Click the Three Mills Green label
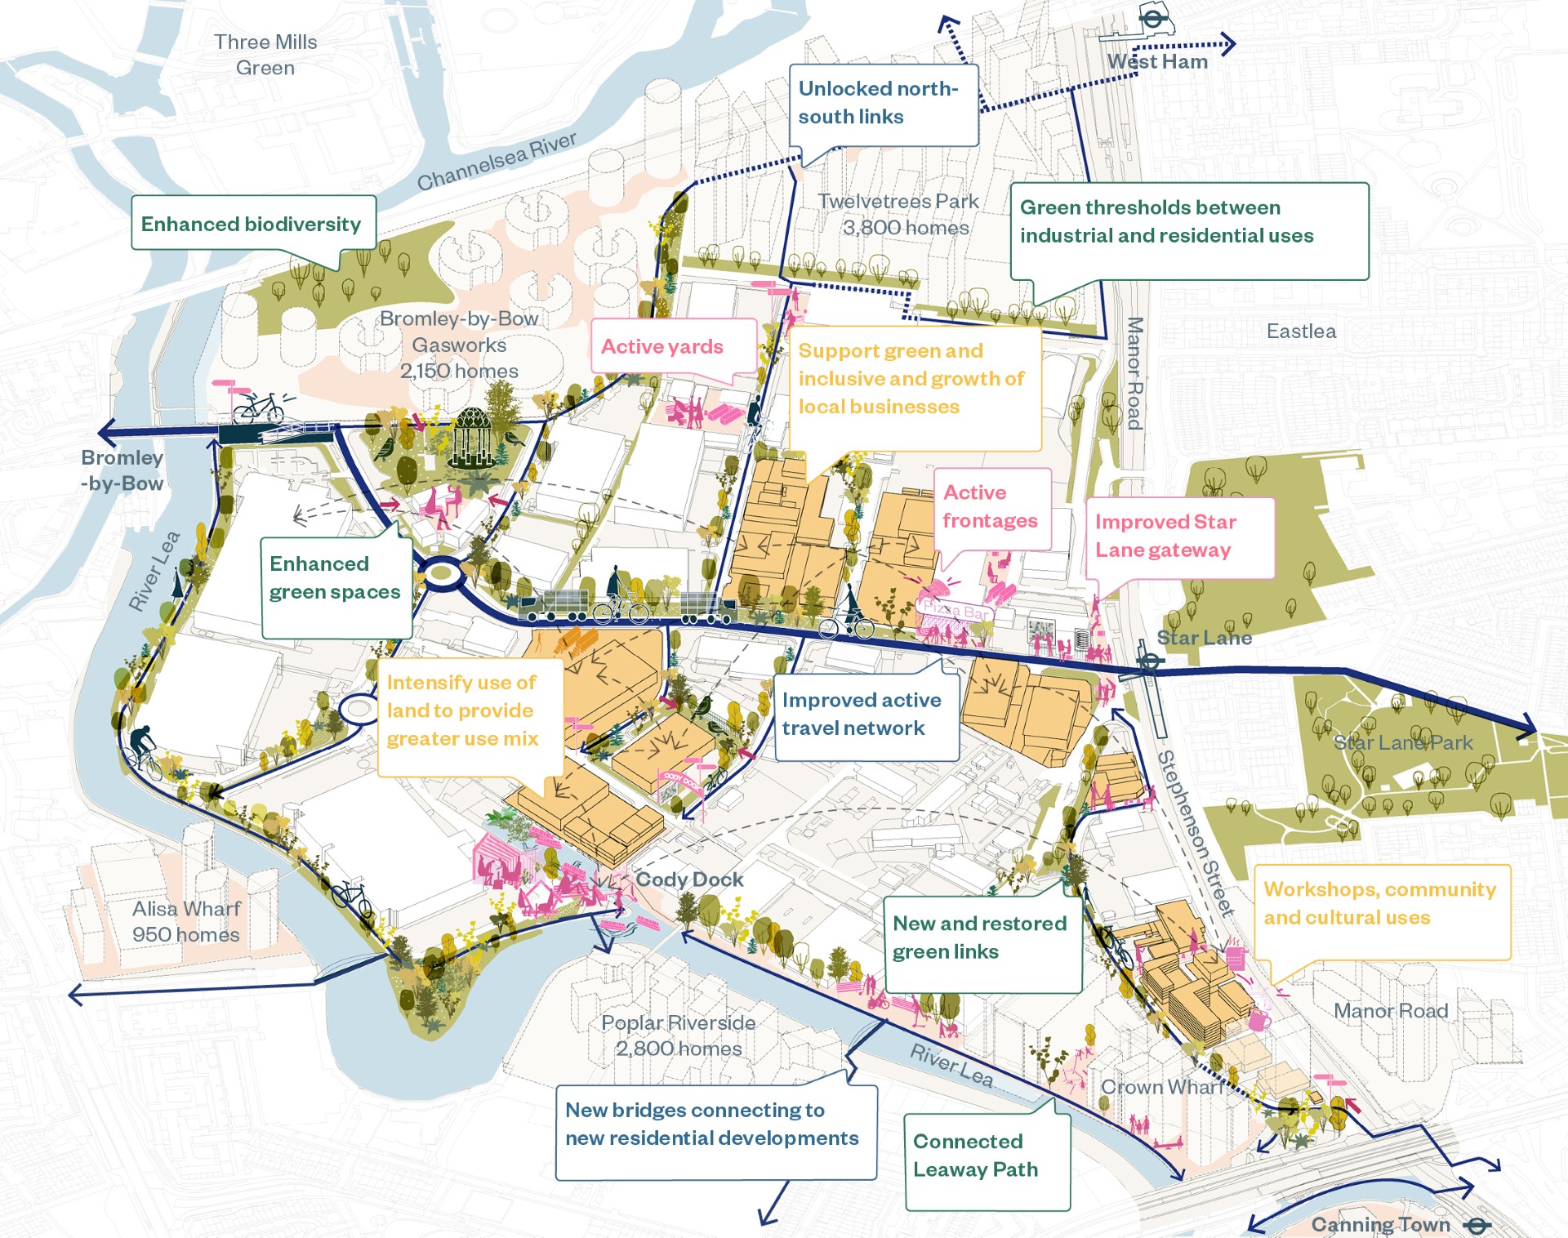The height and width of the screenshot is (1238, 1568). tap(265, 55)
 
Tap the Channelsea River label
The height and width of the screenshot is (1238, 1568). tap(497, 161)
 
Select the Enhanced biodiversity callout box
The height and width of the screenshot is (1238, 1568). tap(252, 223)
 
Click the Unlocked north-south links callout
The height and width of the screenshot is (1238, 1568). tap(882, 104)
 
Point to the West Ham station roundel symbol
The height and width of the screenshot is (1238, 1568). tap(1152, 18)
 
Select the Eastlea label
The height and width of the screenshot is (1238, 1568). tap(1301, 331)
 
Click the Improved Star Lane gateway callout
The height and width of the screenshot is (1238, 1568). tap(1178, 537)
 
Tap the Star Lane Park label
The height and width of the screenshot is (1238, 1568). tap(1403, 742)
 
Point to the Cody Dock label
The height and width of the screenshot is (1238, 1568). tap(690, 879)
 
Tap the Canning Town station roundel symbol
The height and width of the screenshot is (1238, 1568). tap(1477, 1225)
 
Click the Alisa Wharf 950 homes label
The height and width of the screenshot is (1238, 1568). tap(186, 921)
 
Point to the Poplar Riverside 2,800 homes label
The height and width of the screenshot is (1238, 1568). tap(679, 1035)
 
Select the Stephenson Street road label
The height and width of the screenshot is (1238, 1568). tap(1195, 833)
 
